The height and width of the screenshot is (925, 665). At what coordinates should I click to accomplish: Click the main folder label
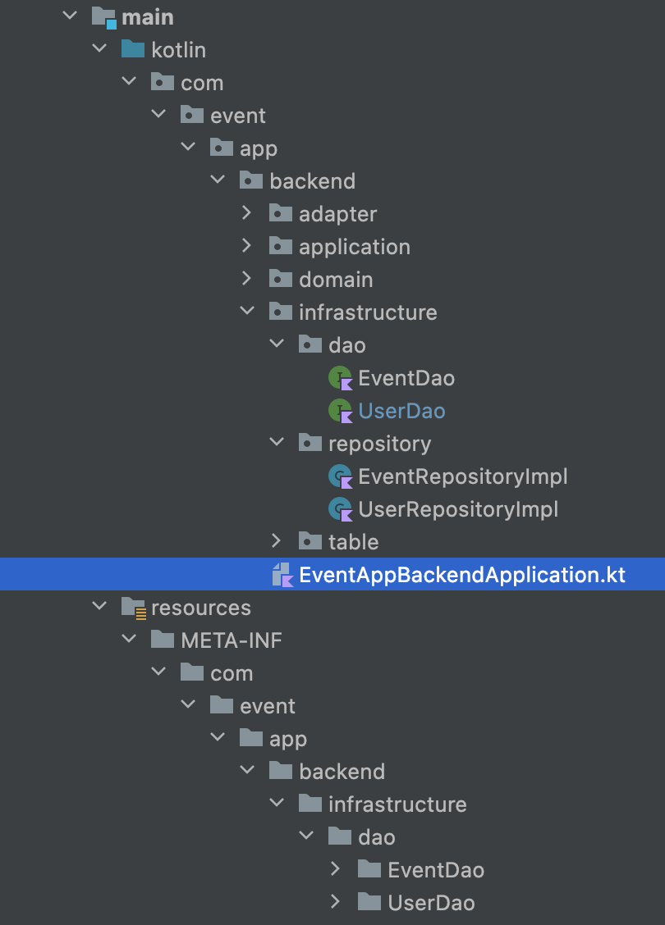click(148, 18)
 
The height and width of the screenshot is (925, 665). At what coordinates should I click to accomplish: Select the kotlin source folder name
click(178, 50)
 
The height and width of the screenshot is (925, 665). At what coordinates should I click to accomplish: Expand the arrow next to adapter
click(247, 213)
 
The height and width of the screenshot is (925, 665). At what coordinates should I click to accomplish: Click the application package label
click(355, 247)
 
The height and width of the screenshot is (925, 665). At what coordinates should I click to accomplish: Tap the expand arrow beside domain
click(247, 279)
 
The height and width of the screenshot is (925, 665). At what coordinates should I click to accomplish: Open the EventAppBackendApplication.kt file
click(462, 575)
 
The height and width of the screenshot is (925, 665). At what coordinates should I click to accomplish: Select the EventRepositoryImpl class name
click(463, 476)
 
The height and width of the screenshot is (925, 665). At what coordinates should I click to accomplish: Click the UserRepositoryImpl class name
click(458, 510)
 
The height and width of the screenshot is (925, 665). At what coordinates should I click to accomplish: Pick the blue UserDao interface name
click(401, 411)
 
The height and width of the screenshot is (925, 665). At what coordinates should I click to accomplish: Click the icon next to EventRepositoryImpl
click(340, 476)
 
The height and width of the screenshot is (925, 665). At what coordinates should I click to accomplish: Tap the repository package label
click(380, 444)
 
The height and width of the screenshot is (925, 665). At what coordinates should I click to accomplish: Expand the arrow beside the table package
click(277, 541)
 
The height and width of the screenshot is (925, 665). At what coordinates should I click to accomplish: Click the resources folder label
click(201, 608)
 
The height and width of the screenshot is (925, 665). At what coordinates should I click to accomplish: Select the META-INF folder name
click(232, 640)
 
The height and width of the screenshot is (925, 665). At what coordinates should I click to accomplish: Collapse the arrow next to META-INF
click(130, 640)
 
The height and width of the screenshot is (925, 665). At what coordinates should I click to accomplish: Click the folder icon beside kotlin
click(133, 49)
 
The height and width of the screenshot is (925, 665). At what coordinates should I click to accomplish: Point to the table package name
click(353, 542)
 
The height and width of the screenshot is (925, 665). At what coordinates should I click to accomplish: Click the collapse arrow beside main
click(71, 16)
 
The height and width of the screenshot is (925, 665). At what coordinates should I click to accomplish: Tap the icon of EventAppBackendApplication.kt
click(282, 575)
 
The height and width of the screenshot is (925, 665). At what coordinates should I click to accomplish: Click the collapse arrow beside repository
click(277, 443)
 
